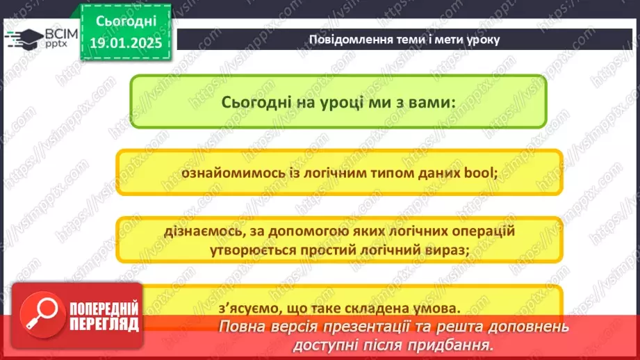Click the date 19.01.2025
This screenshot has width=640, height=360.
(125, 42)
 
